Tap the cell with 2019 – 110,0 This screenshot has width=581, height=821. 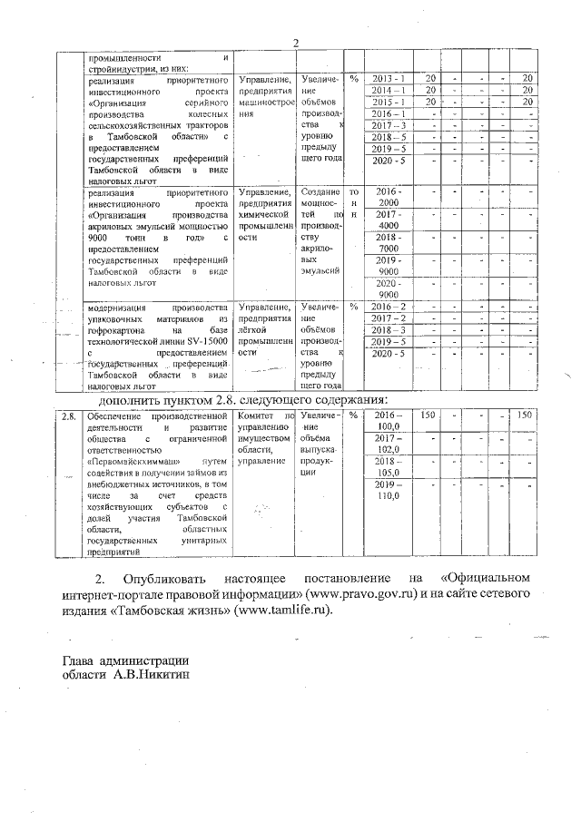388,491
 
